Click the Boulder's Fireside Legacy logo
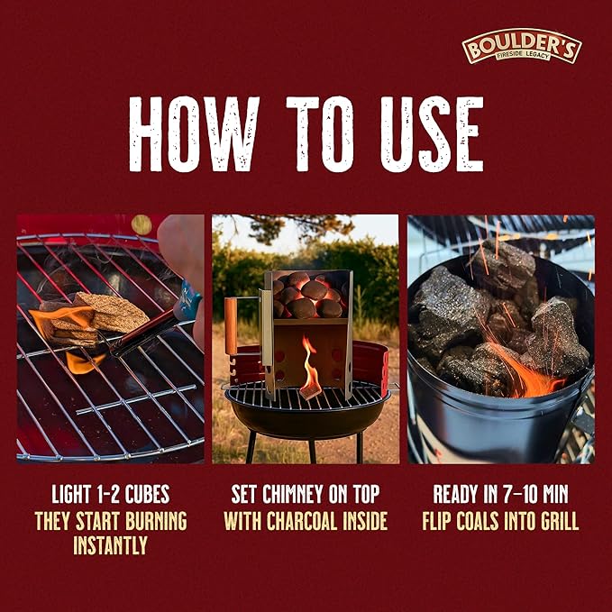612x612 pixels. [x=522, y=46]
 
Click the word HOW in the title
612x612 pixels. [x=194, y=134]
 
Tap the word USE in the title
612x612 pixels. [x=432, y=134]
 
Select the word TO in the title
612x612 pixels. [x=320, y=134]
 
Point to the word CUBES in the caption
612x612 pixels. [x=147, y=494]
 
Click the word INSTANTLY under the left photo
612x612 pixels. [x=111, y=545]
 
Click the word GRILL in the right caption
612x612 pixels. [x=559, y=521]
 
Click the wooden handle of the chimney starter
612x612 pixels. [x=230, y=326]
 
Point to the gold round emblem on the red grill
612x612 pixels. [x=142, y=224]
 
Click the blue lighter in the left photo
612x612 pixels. [x=187, y=300]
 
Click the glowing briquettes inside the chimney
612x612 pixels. [x=308, y=296]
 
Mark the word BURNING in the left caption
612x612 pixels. [x=156, y=521]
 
